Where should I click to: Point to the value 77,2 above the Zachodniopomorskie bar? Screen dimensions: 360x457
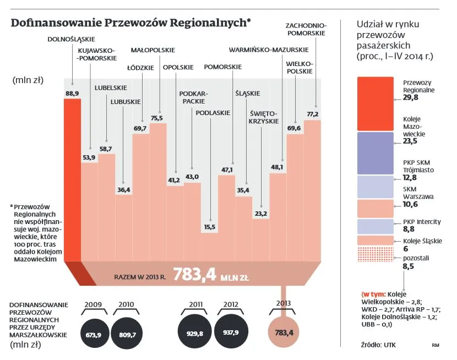[x=313, y=114]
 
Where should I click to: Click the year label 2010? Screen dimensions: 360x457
[x=127, y=304]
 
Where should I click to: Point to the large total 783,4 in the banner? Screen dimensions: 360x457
[x=194, y=275]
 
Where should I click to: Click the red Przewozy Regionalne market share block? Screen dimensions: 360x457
[x=375, y=104]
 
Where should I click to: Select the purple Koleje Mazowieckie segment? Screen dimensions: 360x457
[x=375, y=153]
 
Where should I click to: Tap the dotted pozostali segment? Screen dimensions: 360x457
[x=375, y=257]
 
